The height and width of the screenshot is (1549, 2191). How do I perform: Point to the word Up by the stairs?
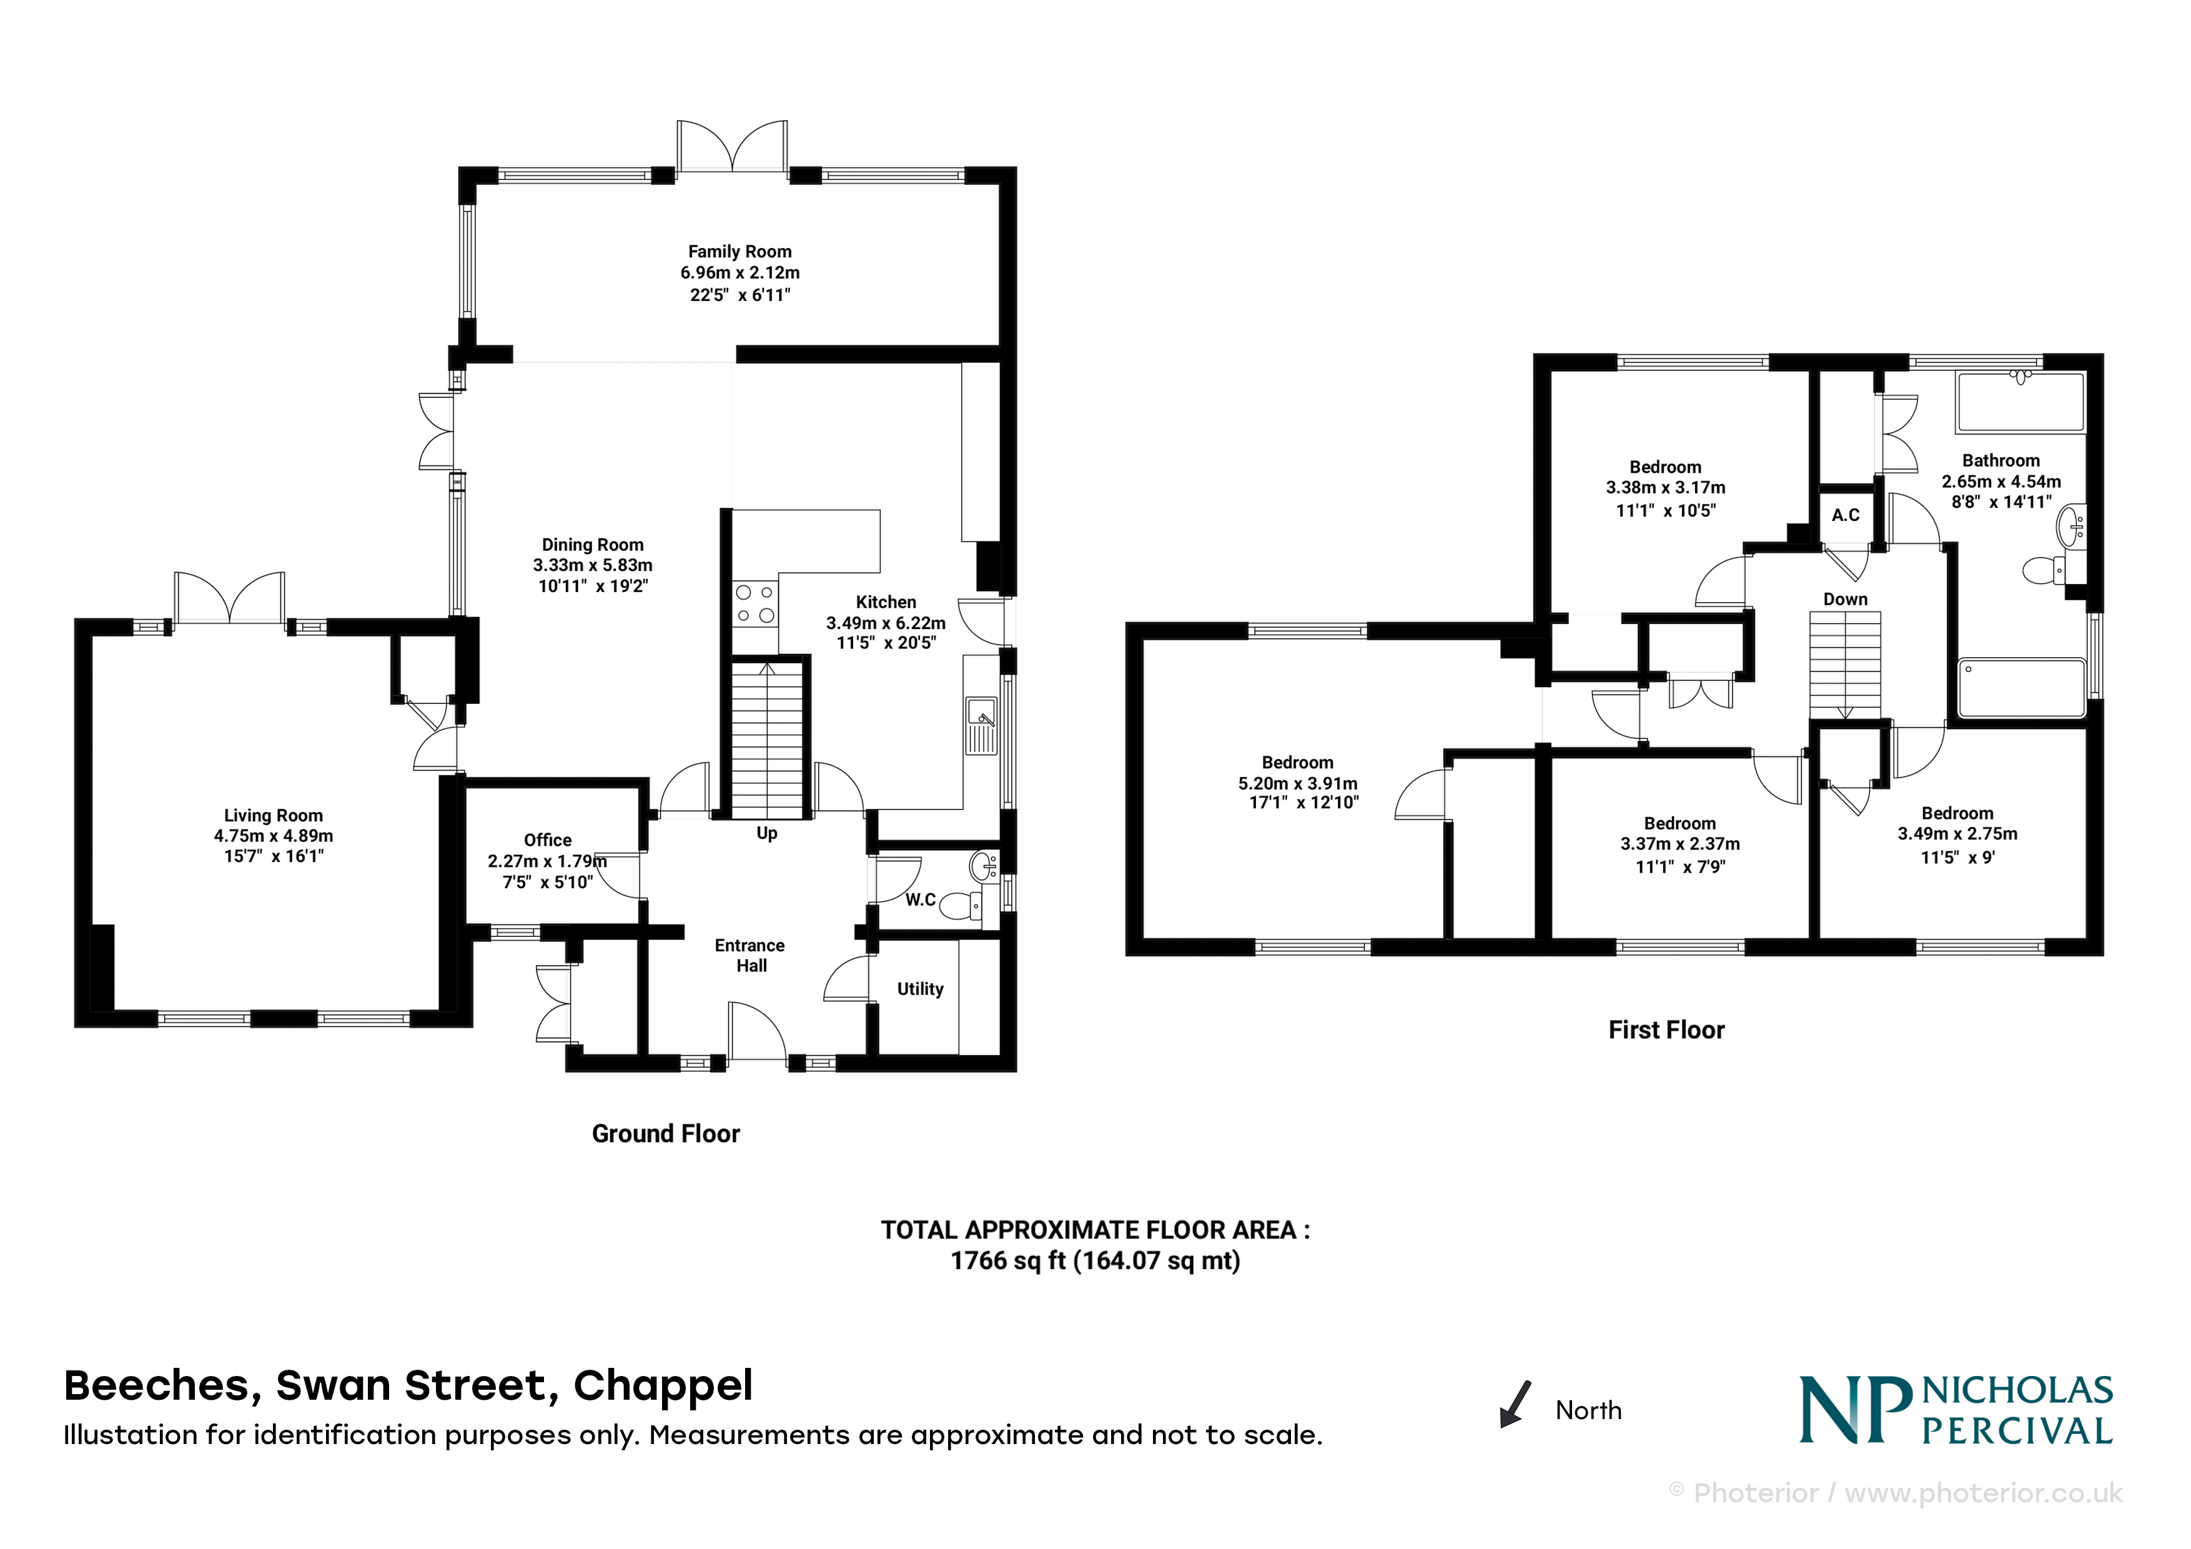tap(766, 833)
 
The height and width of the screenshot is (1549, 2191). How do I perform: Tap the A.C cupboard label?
tap(1846, 515)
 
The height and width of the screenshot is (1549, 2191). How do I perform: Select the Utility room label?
tap(920, 990)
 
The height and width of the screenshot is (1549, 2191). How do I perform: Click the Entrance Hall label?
tap(750, 956)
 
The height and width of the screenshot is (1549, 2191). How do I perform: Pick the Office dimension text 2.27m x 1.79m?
tap(548, 861)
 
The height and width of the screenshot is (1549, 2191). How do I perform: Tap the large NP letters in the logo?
tap(1856, 1410)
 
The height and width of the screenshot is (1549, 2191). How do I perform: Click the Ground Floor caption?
tap(666, 1134)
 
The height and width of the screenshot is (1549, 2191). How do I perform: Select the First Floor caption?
tap(1666, 1030)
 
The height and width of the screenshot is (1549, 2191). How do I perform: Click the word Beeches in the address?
tap(162, 1386)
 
